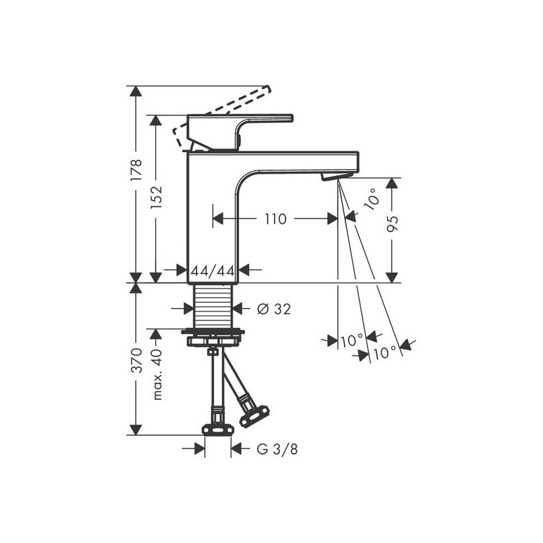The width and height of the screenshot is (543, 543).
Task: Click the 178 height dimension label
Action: pyautogui.click(x=136, y=170)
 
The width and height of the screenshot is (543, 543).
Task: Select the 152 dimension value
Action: pyautogui.click(x=156, y=198)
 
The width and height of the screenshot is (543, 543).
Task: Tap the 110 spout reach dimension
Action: pyautogui.click(x=276, y=219)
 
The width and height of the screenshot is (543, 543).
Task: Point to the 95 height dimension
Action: pyautogui.click(x=392, y=224)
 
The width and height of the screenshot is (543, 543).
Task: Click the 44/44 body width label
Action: pyautogui.click(x=212, y=270)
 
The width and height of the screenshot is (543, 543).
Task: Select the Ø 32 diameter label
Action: pyautogui.click(x=274, y=309)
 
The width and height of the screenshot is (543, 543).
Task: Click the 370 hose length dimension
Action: pyautogui.click(x=136, y=360)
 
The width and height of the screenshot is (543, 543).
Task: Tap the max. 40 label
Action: pyautogui.click(x=157, y=375)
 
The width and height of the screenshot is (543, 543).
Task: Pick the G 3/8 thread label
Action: pyautogui.click(x=277, y=449)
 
